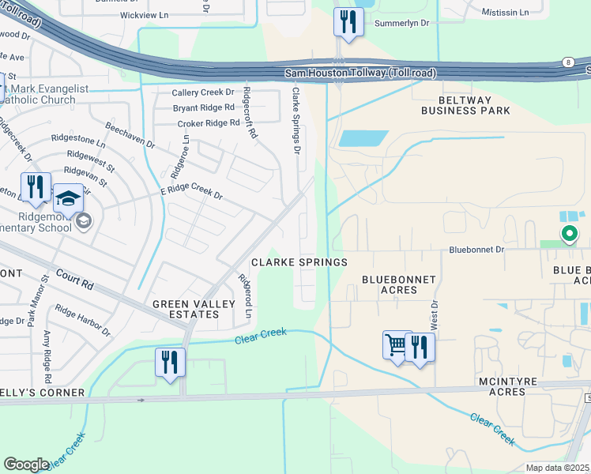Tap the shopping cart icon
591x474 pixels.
click(x=396, y=344)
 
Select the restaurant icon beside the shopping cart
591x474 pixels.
click(x=420, y=346)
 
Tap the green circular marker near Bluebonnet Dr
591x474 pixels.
click(x=568, y=233)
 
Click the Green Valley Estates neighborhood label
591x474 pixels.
click(x=186, y=309)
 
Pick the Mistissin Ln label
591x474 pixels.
click(x=506, y=13)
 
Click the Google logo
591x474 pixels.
click(x=27, y=464)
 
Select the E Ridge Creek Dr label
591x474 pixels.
click(x=191, y=192)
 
